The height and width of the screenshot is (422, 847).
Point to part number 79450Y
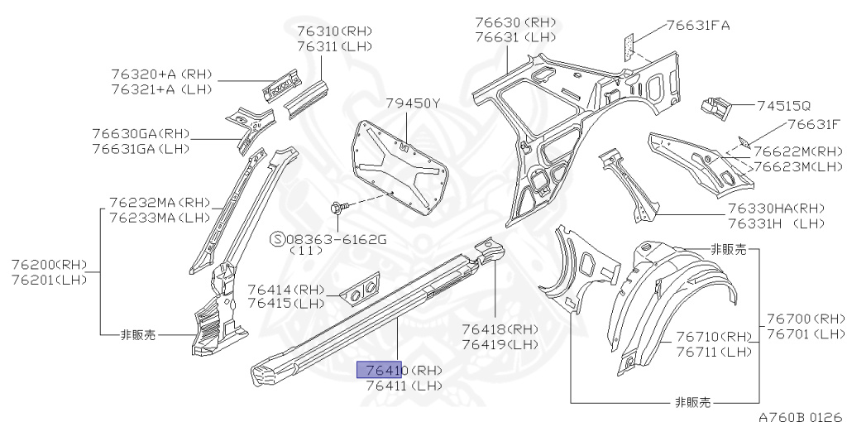point(414,103)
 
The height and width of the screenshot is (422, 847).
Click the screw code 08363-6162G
point(337,238)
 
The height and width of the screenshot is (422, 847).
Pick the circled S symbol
point(278,238)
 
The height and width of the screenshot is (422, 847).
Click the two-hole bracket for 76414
point(361,290)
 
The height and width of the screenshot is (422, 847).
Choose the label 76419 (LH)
point(500,344)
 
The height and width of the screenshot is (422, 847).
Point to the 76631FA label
point(698,26)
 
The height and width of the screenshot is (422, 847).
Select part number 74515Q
point(783,106)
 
